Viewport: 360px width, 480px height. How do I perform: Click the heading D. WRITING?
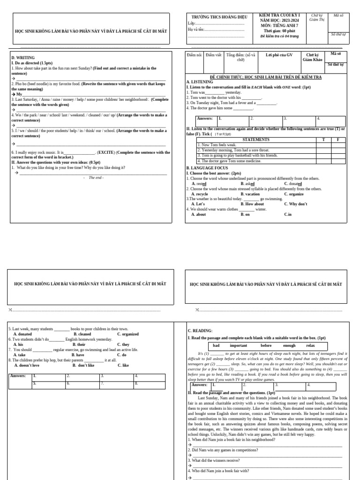pos(22,58)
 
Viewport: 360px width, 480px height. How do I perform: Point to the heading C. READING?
pos(200,330)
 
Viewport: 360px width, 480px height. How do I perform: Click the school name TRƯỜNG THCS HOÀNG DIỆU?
pos(216,17)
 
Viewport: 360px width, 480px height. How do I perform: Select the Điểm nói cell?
pos(194,55)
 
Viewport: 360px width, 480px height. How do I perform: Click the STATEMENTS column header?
pos(255,140)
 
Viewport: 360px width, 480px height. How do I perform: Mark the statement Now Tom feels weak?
pos(218,145)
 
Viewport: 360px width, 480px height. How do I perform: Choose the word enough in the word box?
pos(290,345)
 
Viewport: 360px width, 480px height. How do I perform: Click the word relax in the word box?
pos(310,345)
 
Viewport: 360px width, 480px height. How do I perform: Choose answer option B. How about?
pos(252,204)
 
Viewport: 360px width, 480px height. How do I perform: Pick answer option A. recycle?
pos(200,194)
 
